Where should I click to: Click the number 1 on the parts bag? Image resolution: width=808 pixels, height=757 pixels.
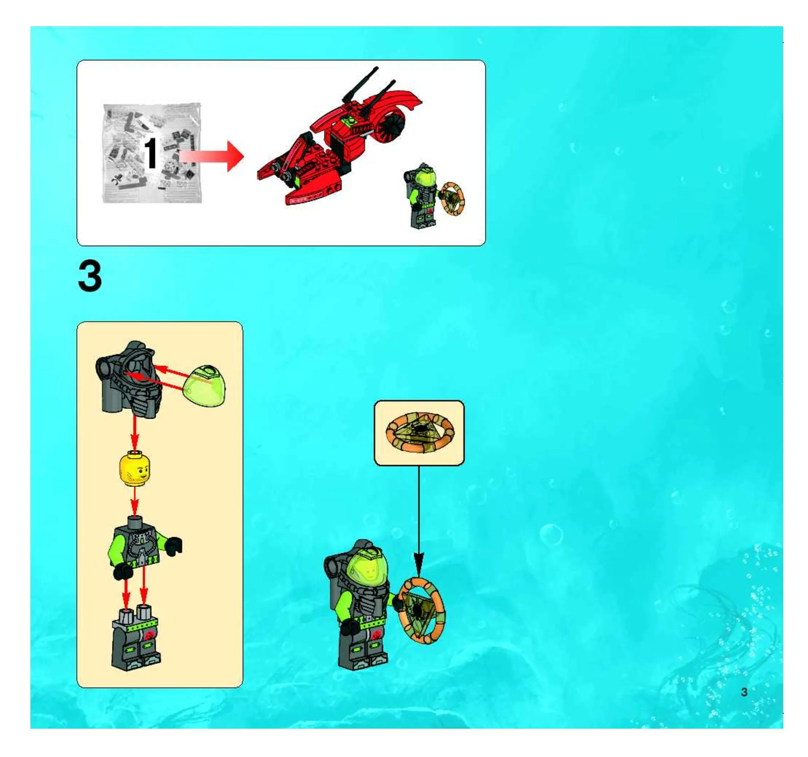[151, 153]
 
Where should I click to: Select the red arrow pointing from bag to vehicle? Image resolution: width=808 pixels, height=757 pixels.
[211, 156]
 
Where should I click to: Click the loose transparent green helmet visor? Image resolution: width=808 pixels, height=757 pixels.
[205, 386]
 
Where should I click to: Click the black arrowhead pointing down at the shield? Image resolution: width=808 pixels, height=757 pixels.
[419, 563]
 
